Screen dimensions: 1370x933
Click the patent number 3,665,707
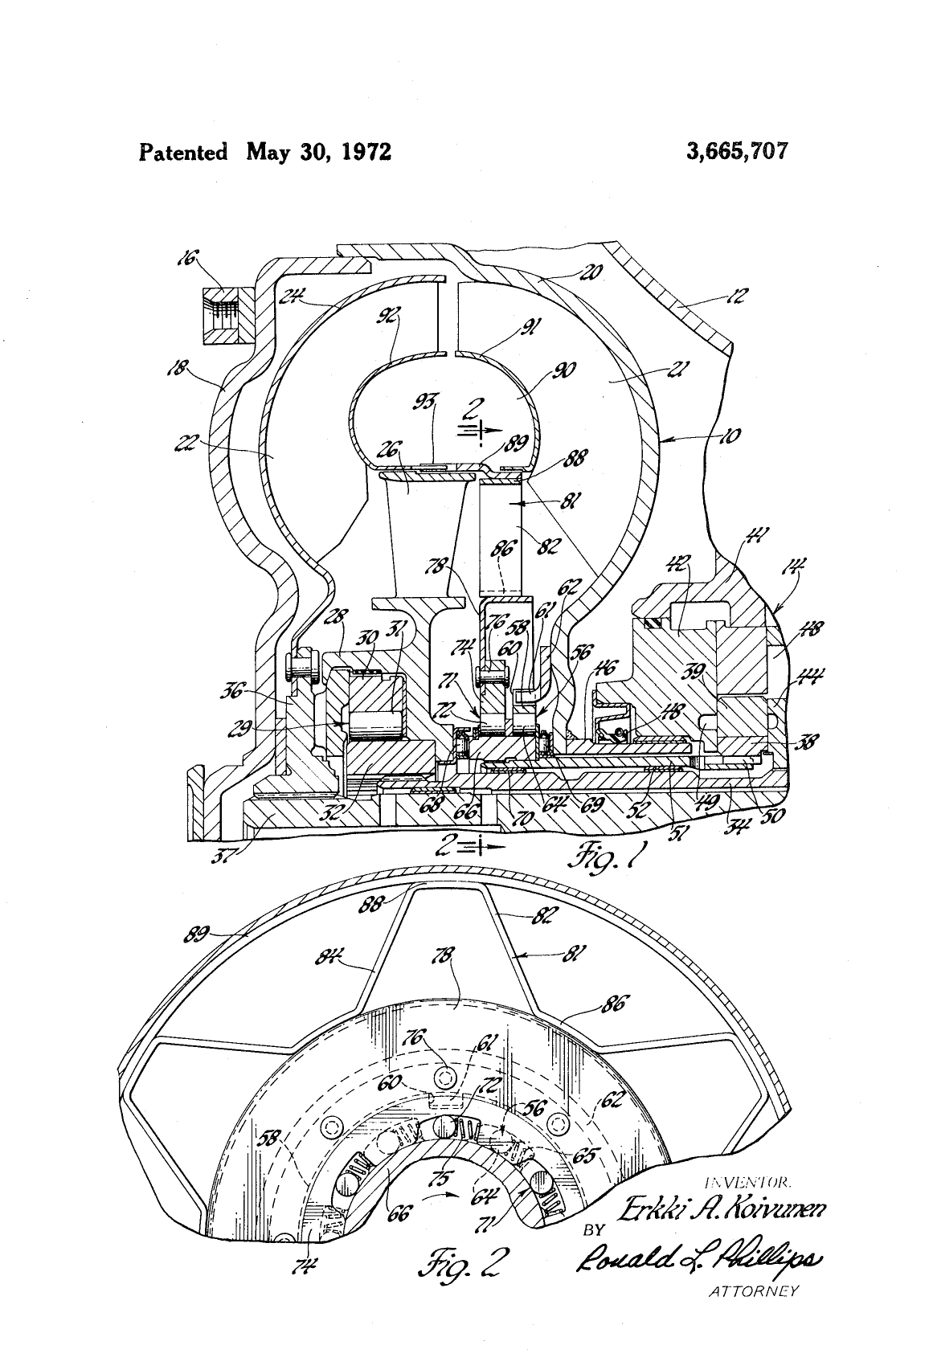coord(738,151)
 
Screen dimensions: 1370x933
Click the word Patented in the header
coord(183,152)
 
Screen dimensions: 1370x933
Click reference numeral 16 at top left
coord(187,259)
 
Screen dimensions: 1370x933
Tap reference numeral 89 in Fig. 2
coord(198,934)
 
